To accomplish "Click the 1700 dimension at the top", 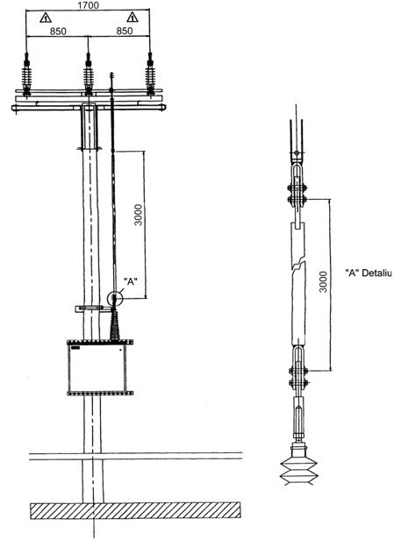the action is pyautogui.click(x=88, y=5).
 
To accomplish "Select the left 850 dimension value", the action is pyautogui.click(x=58, y=31).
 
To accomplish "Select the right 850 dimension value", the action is pyautogui.click(x=124, y=31).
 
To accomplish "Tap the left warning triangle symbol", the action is pyautogui.click(x=46, y=18).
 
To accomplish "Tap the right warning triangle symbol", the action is pyautogui.click(x=133, y=17).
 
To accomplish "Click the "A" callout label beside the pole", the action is pyautogui.click(x=131, y=281).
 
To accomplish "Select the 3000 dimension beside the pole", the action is pyautogui.click(x=139, y=215).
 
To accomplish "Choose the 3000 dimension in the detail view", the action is pyautogui.click(x=323, y=281).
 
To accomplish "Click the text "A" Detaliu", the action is pyautogui.click(x=369, y=274).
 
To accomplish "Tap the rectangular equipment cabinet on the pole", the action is pyautogui.click(x=97, y=367).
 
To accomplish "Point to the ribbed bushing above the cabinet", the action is pyautogui.click(x=115, y=325).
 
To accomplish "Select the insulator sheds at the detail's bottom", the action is pyautogui.click(x=299, y=471).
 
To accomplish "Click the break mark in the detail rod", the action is pyautogui.click(x=298, y=266).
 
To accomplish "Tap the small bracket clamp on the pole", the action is pyautogui.click(x=90, y=309).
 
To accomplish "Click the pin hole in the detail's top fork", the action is pyautogui.click(x=297, y=153).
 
